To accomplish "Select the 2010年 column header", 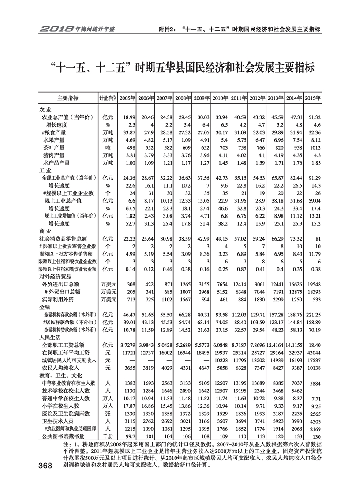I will tap(220, 98).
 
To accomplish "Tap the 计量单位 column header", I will tap(108, 98).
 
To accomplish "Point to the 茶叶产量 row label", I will tap(53, 147).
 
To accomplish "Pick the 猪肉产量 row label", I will tap(53, 155).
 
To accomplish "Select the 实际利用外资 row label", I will tap(58, 300).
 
